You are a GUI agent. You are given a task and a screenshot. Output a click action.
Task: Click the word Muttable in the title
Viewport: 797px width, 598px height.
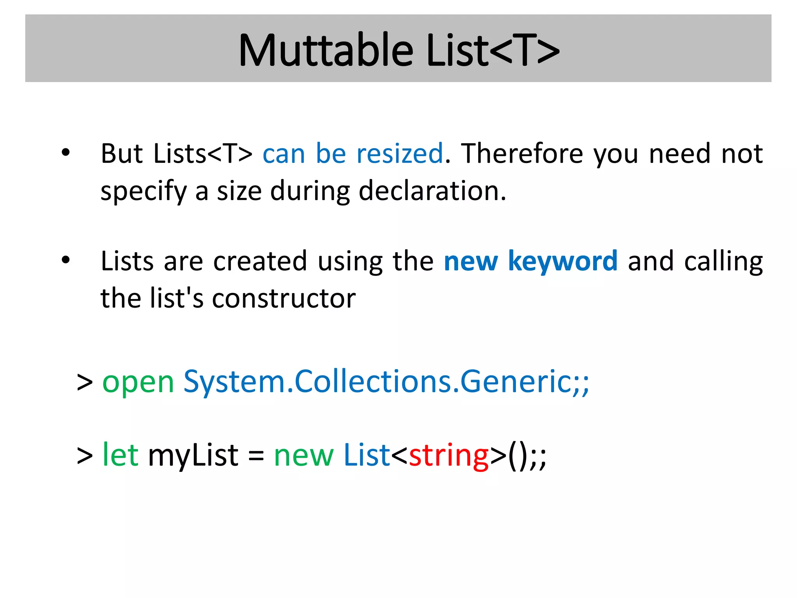326,51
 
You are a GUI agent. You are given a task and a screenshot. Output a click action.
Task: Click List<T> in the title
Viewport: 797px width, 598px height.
493,51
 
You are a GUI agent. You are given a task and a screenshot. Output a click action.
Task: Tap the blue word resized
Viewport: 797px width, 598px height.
400,153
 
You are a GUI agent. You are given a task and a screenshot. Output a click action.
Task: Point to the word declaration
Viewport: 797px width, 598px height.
432,191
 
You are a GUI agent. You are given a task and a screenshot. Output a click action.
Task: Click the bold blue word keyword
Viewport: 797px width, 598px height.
563,261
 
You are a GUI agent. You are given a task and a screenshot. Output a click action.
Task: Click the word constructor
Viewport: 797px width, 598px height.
284,298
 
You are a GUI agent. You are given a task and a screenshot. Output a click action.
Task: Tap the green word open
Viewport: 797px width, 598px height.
138,382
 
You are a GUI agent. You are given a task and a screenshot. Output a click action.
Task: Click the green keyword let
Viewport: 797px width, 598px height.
120,455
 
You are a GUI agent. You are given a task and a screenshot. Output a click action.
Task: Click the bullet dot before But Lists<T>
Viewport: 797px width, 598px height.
66,153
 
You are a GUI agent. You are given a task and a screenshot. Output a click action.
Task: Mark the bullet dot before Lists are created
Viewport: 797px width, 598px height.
66,260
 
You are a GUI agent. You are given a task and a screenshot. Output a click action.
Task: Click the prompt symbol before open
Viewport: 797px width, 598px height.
85,382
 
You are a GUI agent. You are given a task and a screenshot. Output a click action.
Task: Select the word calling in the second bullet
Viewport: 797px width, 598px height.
723,262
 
